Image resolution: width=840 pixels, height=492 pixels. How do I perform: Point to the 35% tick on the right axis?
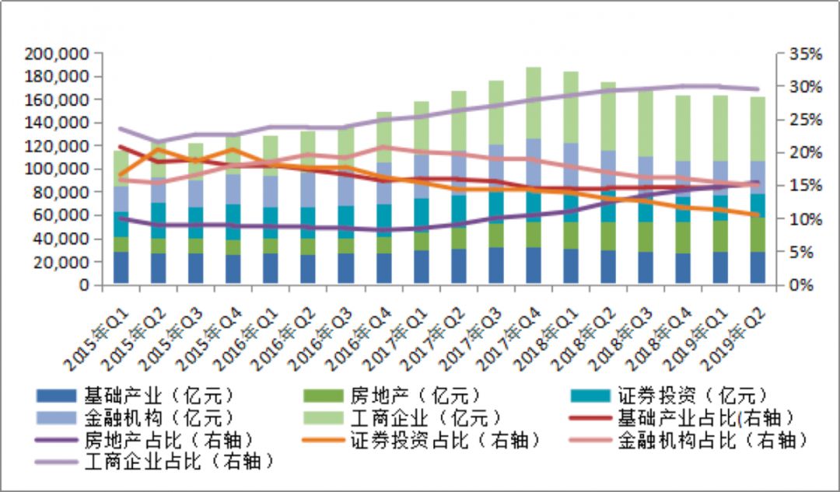pyautogui.click(x=804, y=54)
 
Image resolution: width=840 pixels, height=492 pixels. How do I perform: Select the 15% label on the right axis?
pyautogui.click(x=804, y=186)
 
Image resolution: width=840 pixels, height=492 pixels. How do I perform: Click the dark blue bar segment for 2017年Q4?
pyautogui.click(x=534, y=267)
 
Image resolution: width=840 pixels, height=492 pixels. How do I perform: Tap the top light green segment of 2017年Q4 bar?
pyautogui.click(x=534, y=103)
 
